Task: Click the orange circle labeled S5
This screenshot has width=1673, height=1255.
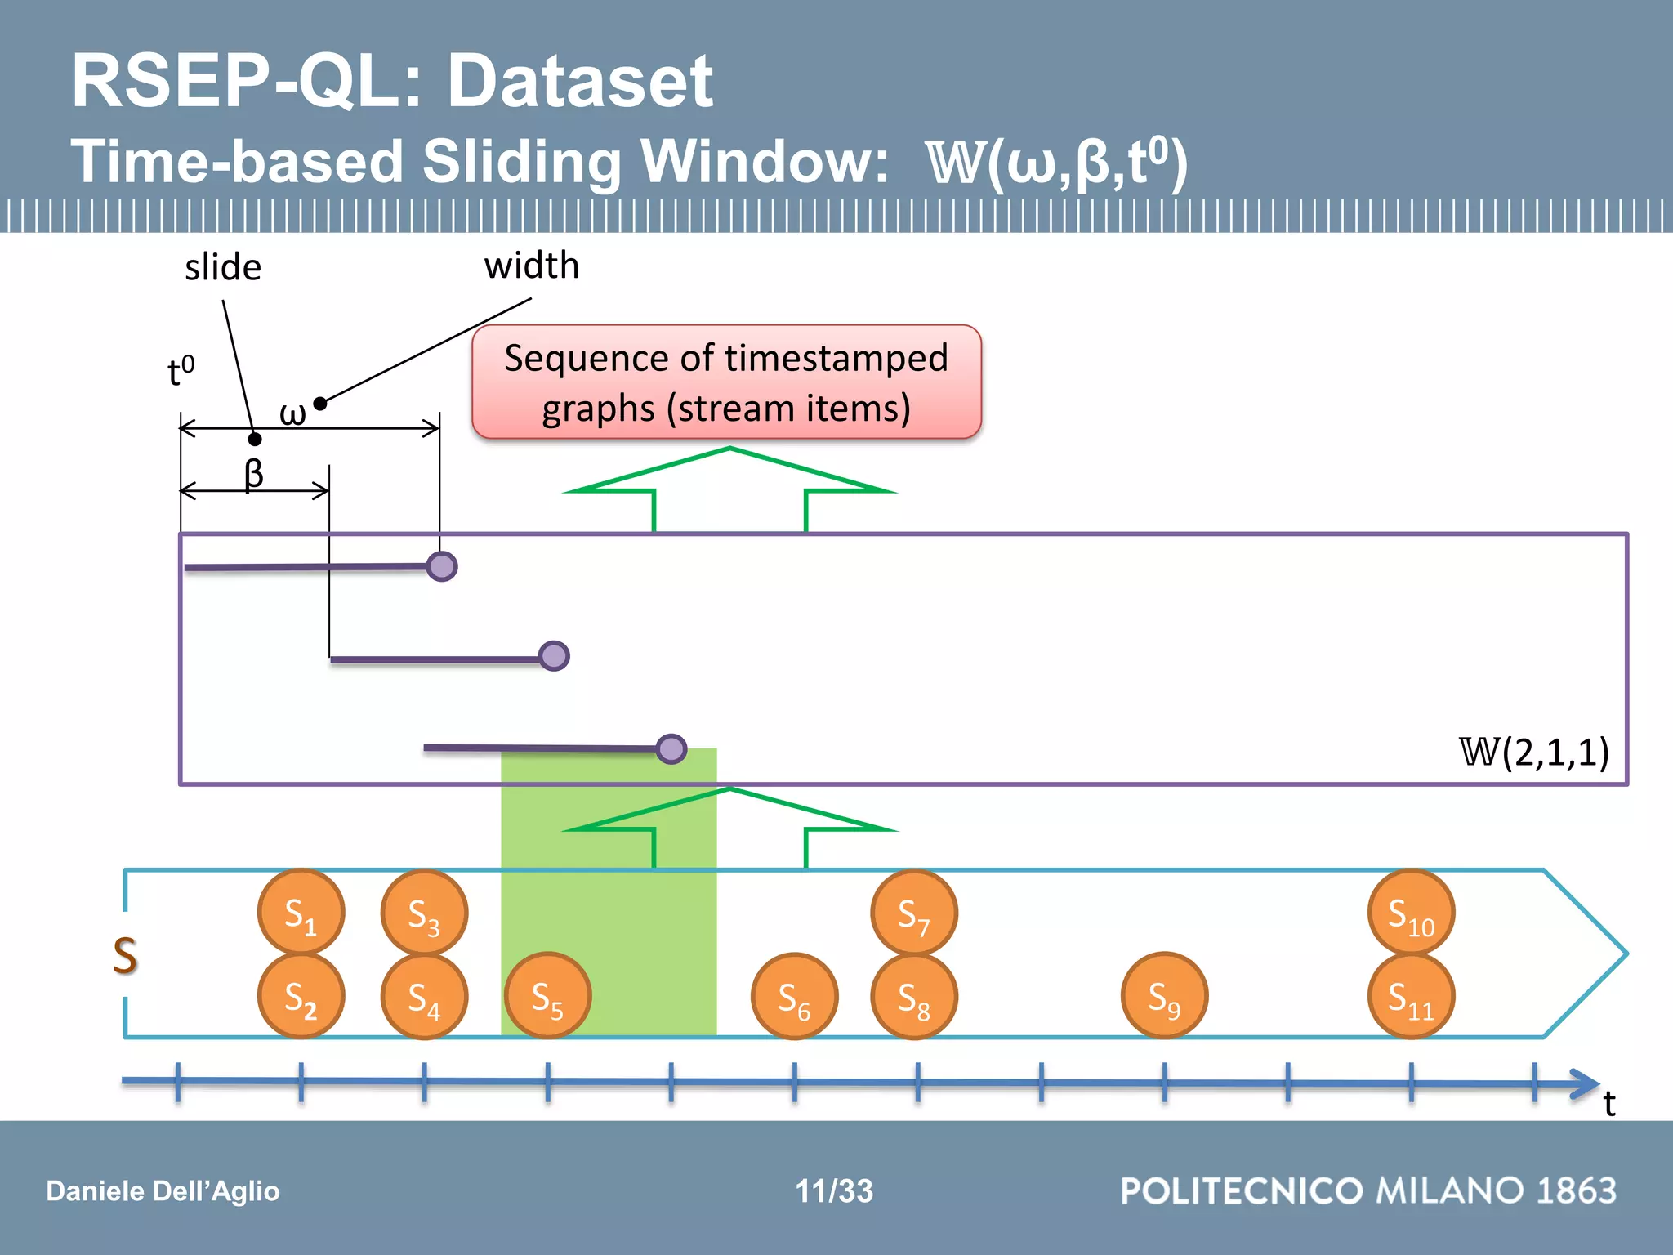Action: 547,996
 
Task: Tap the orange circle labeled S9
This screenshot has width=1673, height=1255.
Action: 1164,996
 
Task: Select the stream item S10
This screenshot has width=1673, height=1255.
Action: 1411,912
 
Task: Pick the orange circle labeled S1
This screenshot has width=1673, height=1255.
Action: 301,912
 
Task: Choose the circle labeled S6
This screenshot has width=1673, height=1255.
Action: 794,997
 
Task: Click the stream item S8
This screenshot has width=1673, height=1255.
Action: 914,997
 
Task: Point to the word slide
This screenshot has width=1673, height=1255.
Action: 223,268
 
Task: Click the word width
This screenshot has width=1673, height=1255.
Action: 531,266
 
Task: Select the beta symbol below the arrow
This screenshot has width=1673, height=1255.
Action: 254,473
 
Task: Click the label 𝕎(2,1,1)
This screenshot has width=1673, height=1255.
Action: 1534,752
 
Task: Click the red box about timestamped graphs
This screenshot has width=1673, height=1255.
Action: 726,382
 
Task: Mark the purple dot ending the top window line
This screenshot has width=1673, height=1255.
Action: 442,566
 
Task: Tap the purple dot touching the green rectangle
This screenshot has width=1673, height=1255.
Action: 671,748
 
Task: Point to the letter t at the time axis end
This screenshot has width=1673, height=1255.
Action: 1608,1104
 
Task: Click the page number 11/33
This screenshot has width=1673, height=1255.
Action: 834,1190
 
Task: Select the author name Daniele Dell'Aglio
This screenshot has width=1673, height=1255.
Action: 163,1191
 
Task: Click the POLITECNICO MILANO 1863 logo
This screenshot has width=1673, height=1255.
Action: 1368,1190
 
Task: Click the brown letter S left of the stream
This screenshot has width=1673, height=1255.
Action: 125,955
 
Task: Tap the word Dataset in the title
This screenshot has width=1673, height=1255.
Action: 580,81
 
